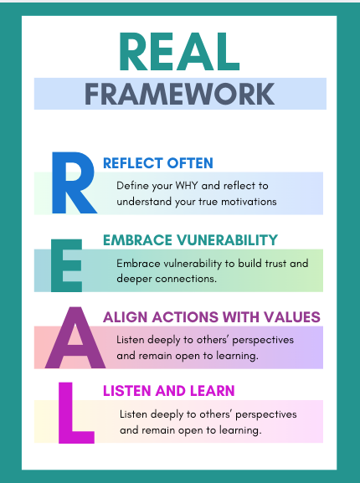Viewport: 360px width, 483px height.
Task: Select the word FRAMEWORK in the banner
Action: (x=179, y=93)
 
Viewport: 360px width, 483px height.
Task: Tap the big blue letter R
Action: (x=73, y=182)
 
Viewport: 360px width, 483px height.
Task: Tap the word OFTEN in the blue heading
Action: (x=191, y=163)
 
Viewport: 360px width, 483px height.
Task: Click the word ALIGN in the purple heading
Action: (x=124, y=317)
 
